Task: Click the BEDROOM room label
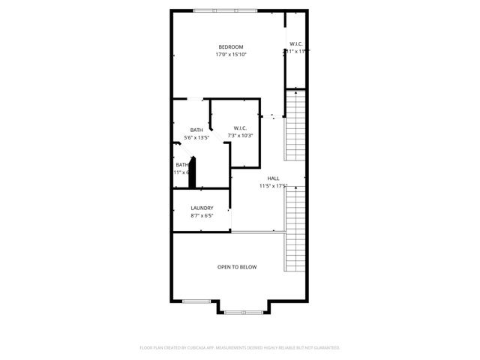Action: (230, 47)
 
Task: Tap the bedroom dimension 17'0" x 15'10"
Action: (230, 55)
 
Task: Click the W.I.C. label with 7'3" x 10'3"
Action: (240, 128)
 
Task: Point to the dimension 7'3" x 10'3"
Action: (240, 136)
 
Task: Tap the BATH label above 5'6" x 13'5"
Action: (196, 130)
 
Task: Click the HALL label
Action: (274, 178)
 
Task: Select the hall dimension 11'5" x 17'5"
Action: (274, 186)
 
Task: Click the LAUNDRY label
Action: (202, 208)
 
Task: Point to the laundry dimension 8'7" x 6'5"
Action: (202, 216)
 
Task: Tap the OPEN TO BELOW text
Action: (237, 267)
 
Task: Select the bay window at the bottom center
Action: (241, 311)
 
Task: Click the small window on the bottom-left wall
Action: (195, 301)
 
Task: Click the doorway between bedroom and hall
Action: (272, 116)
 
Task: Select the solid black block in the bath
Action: (192, 173)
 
